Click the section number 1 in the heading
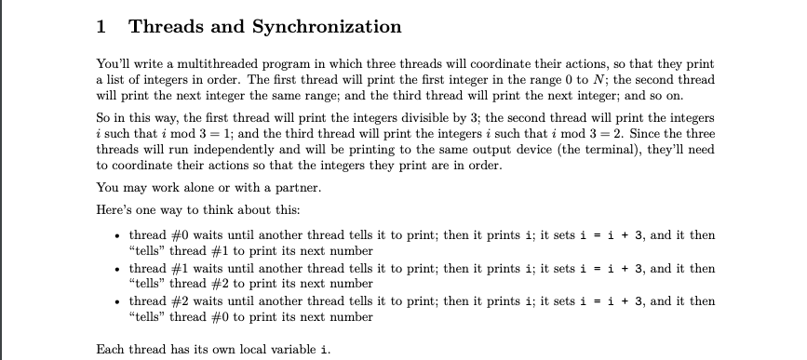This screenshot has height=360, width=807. [x=101, y=27]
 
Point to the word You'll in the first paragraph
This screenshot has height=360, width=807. [x=113, y=64]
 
